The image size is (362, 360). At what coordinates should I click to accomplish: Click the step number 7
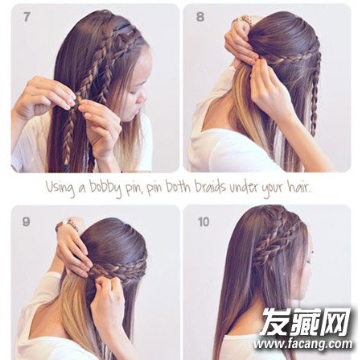coord(27,17)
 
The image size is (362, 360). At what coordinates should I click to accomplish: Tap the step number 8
coord(200,17)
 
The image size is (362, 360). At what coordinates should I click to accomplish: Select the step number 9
coord(26,221)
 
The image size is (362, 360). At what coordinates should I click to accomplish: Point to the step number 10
coord(204,222)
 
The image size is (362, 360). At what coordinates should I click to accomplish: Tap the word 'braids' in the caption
coord(210,186)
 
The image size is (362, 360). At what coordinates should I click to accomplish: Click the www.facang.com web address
coord(303,344)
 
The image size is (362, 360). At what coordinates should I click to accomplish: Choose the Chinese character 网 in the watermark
coord(335,321)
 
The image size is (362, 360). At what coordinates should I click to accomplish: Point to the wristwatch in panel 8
coord(242,20)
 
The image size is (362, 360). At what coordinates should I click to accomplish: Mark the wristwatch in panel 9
coord(66,225)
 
